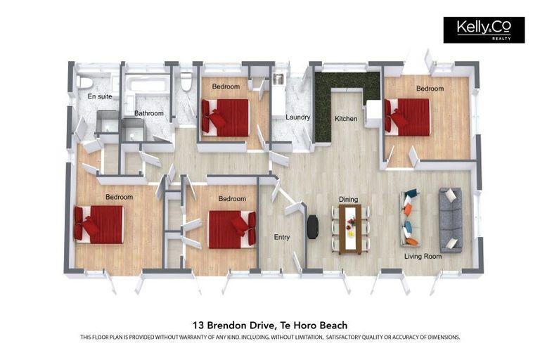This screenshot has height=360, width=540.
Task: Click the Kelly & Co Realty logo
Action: (x=483, y=30)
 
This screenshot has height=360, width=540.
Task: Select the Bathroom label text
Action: (x=149, y=113)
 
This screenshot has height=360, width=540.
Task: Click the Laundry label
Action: (x=298, y=117)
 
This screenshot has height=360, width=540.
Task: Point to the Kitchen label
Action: (x=345, y=119)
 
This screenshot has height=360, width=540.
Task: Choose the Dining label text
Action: (x=348, y=200)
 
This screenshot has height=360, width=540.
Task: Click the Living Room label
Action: (x=423, y=257)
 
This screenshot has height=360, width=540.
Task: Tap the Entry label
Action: (x=281, y=238)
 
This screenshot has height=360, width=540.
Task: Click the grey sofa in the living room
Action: (x=450, y=219)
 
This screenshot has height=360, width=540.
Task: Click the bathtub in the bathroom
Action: (x=148, y=86)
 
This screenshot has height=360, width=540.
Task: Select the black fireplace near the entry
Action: (x=313, y=226)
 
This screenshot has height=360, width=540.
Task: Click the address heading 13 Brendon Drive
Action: (x=270, y=325)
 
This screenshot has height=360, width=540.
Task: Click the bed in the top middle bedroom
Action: (x=226, y=117)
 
